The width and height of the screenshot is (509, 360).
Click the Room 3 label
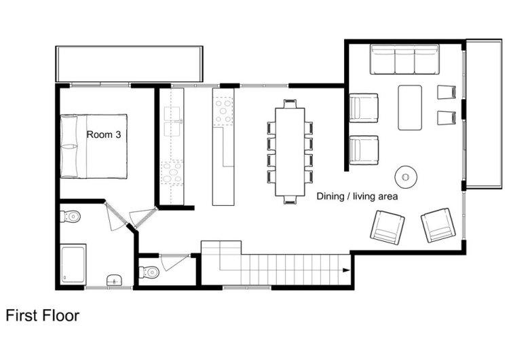point(104,134)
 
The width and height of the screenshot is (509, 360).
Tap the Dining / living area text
point(357,196)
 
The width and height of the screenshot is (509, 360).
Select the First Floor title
point(43,315)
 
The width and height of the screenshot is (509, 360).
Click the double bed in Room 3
point(94,146)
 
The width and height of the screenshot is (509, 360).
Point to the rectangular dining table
point(290,152)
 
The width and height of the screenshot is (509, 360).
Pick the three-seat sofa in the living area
point(404,60)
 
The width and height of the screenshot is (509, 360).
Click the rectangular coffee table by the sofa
point(410,107)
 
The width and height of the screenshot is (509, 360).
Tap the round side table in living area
point(405,177)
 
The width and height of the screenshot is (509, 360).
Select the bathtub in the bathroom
point(74,264)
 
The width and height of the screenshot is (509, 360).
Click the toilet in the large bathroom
point(71,216)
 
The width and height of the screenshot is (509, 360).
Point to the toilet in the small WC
point(149,272)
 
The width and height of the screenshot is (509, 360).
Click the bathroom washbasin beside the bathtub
point(114,280)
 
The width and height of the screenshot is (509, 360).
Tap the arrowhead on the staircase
point(346,270)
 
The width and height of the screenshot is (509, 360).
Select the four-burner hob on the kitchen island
point(223,112)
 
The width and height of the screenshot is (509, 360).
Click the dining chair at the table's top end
point(290,104)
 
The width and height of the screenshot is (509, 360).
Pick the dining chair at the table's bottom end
point(290,200)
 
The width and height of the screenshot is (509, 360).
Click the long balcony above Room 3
point(129,64)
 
